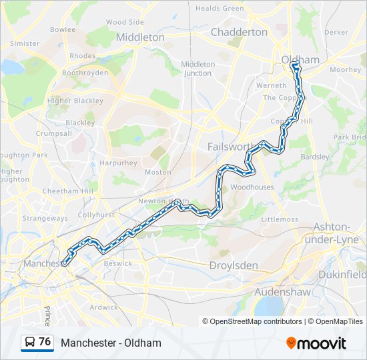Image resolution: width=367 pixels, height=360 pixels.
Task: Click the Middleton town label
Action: [x=140, y=37]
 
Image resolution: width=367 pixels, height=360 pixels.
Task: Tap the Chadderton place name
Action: [x=239, y=32]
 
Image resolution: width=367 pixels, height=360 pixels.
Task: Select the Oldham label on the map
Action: [x=300, y=60]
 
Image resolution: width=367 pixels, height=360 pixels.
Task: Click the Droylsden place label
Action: [x=234, y=265]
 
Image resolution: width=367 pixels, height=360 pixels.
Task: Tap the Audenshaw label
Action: [x=280, y=292]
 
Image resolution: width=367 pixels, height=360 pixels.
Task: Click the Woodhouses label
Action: [x=252, y=187]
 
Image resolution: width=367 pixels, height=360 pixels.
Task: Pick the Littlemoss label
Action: [x=280, y=219]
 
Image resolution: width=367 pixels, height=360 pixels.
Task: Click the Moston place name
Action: [x=158, y=172]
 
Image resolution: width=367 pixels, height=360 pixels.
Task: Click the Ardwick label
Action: [x=103, y=307]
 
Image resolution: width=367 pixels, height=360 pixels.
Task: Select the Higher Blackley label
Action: [x=75, y=101]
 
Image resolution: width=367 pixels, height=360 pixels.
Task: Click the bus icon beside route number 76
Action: [x=30, y=343]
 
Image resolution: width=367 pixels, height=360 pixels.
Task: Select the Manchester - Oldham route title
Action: [x=111, y=343]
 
